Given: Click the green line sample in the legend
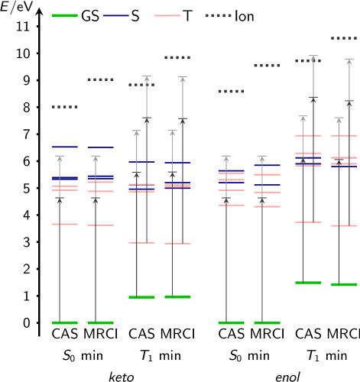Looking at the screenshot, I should [x=65, y=15].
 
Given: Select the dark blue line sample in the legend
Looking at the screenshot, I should [x=116, y=15].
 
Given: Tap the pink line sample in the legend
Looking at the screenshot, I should [x=167, y=15].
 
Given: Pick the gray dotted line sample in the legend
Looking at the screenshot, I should [x=219, y=15].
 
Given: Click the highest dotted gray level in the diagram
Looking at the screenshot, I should [x=344, y=38].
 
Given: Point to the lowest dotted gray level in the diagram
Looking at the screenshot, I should [x=65, y=107].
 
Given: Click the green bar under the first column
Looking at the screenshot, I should [x=65, y=323].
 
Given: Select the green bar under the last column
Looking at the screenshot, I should [x=344, y=284].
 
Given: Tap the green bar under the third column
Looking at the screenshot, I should [x=141, y=297].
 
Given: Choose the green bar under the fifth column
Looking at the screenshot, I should [x=231, y=323].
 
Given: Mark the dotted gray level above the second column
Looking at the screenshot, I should [x=100, y=79].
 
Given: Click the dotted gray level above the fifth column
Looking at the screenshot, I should [x=231, y=92].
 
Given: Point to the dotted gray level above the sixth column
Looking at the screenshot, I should [x=267, y=66].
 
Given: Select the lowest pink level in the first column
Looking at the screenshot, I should [x=65, y=224].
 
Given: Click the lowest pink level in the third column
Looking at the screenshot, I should [x=141, y=243].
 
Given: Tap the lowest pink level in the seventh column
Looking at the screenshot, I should [x=308, y=222].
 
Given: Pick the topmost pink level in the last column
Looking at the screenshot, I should [x=344, y=135].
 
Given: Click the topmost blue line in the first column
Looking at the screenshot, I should [x=65, y=147].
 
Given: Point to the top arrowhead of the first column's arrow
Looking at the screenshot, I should [x=60, y=158].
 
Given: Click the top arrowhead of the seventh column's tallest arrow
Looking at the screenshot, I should [x=313, y=58].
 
